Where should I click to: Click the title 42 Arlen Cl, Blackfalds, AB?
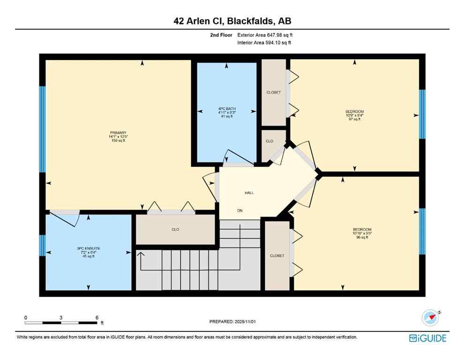pos(232,21)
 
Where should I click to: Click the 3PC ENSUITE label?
pos(89,248)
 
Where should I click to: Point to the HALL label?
pos(249,193)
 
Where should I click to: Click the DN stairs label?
pos(240,211)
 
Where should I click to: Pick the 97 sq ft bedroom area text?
pos(354,120)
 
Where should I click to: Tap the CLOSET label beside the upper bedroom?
pos(273,92)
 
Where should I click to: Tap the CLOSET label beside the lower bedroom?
pos(277,256)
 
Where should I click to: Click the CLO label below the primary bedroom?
pos(175,230)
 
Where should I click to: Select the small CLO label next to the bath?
pos(270,141)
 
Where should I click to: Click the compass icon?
pos(430,318)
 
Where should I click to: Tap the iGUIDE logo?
pos(427,338)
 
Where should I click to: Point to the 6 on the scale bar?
pos(97,317)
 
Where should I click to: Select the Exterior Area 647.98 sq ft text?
pos(265,35)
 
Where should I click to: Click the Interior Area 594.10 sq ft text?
pos(264,43)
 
